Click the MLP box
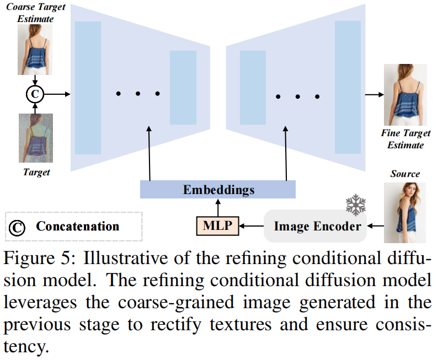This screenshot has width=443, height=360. [217, 225]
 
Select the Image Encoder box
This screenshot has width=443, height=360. [317, 226]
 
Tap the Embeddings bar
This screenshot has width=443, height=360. [218, 190]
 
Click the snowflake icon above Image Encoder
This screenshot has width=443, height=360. [356, 205]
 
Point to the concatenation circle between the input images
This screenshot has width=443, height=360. [35, 94]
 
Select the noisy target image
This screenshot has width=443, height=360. [35, 138]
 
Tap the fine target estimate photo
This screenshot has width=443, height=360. [405, 95]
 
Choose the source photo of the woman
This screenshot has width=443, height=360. [405, 212]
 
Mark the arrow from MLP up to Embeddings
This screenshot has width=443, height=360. [217, 207]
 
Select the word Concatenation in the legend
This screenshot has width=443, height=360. [78, 226]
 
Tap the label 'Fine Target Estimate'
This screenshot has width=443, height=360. [405, 139]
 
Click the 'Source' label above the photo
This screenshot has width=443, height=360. [405, 174]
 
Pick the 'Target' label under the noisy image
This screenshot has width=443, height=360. [36, 172]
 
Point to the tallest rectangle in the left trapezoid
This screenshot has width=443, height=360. [88, 88]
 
